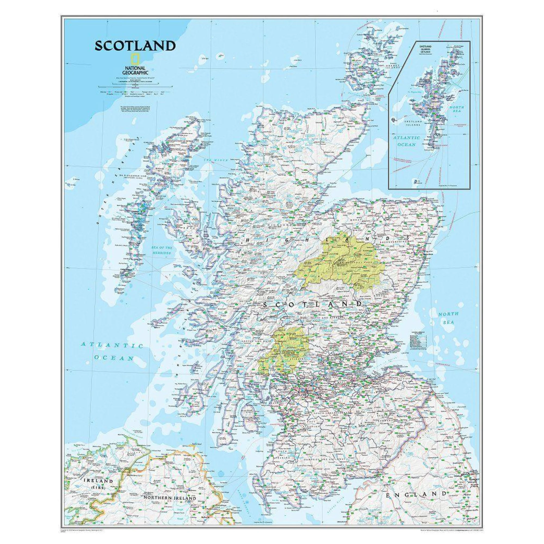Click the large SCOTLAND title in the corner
(135, 46)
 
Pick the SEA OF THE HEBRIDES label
(162, 250)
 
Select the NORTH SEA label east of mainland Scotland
(448, 318)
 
